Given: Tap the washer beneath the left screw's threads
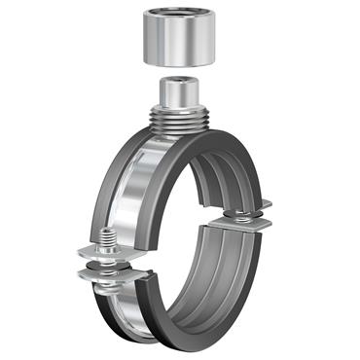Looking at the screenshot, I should (x=105, y=255).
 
